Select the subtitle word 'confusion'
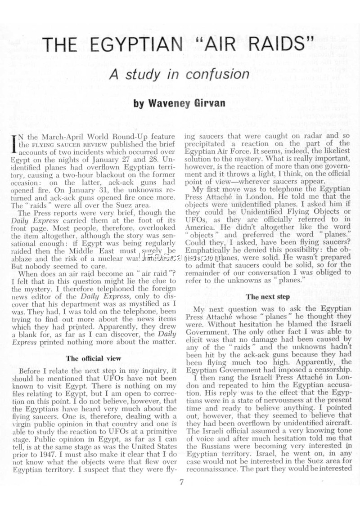point(218,74)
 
